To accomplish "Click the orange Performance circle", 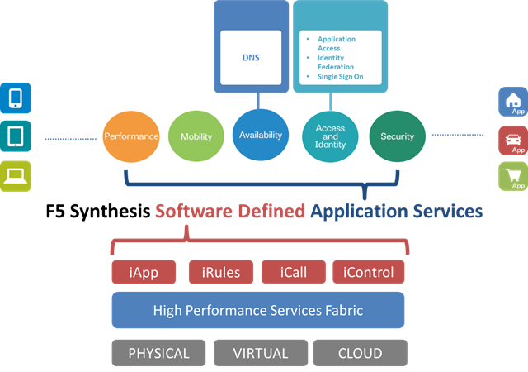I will coord(130,136).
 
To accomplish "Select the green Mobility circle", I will coord(196,136).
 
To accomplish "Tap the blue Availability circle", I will coord(260,135).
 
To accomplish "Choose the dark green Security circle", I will coord(397,136).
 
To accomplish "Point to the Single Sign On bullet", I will coord(342,77).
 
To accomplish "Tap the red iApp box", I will coord(144,271).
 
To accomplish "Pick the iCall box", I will coord(293,271).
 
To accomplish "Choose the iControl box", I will coord(369,271).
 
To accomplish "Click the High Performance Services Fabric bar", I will coord(257,311).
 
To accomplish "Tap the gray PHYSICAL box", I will coord(158,353).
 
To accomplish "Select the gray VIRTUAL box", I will coord(260,353).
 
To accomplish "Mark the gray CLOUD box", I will coord(360,353).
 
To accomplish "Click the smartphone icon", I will coord(16,98).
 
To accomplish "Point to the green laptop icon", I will coord(16,174).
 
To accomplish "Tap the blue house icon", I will coord(512,102).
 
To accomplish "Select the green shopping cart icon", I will coord(512,176).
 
